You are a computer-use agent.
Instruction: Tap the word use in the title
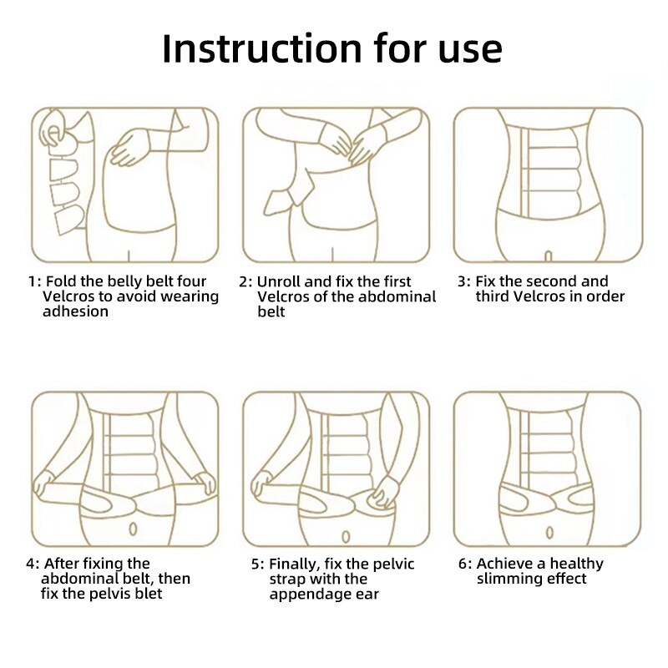[470, 52]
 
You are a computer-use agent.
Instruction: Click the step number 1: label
[34, 281]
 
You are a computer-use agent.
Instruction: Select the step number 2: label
[245, 282]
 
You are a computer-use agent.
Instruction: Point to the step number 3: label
[464, 281]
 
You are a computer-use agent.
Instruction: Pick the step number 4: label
[33, 564]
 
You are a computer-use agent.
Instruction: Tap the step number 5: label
[258, 564]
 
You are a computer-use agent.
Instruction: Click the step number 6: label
[465, 564]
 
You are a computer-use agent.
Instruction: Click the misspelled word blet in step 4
[149, 594]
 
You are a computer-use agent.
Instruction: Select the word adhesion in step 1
[75, 311]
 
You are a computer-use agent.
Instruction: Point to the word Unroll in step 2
[279, 281]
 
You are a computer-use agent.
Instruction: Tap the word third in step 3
[492, 296]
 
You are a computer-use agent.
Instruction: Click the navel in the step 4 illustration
[133, 529]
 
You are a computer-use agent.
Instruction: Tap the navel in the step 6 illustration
[549, 532]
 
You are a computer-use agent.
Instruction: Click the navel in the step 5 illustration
[346, 536]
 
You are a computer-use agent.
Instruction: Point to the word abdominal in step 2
[397, 296]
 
